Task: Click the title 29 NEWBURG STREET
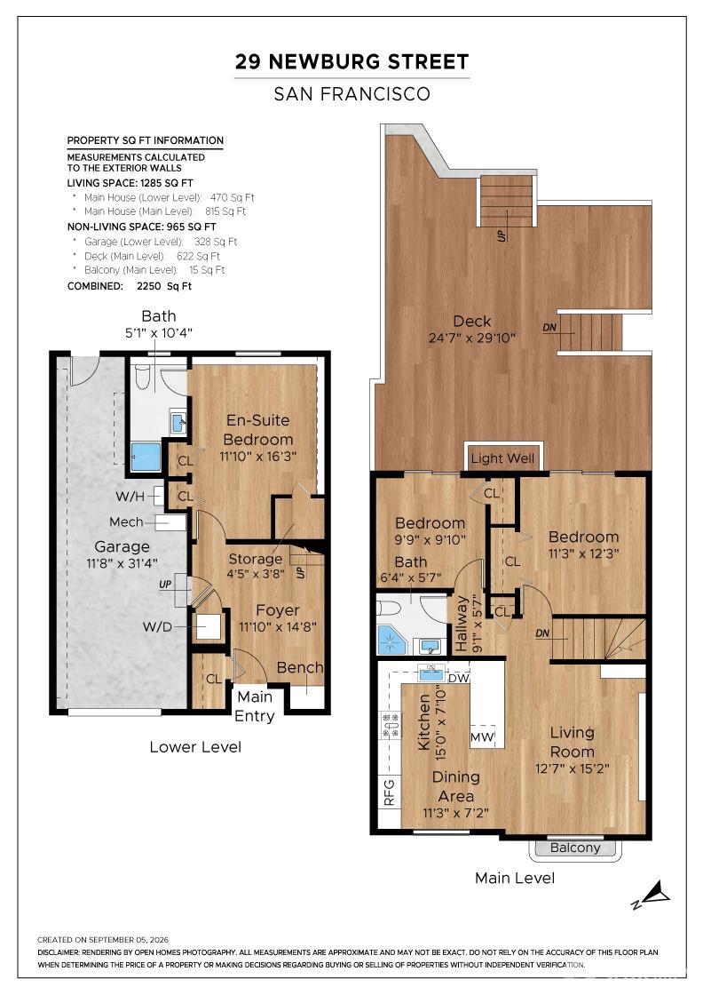coord(351,61)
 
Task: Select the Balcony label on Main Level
coord(575,848)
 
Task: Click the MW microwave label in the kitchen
coord(482,738)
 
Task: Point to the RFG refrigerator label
coord(389,792)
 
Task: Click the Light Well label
coord(502,458)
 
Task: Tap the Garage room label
coord(122,546)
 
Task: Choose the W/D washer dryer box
coord(209,627)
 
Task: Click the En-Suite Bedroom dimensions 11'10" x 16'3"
coord(258,457)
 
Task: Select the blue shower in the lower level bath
coord(146,457)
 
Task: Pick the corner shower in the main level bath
coord(392,640)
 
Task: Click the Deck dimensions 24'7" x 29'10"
coord(472,338)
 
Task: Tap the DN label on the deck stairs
coord(549,328)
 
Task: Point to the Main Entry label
coord(255,706)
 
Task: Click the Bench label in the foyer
coord(300,667)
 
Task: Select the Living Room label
coord(572,742)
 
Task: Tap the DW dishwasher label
coord(458,678)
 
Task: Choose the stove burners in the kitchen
coord(391,724)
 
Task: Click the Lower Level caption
coord(195,747)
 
